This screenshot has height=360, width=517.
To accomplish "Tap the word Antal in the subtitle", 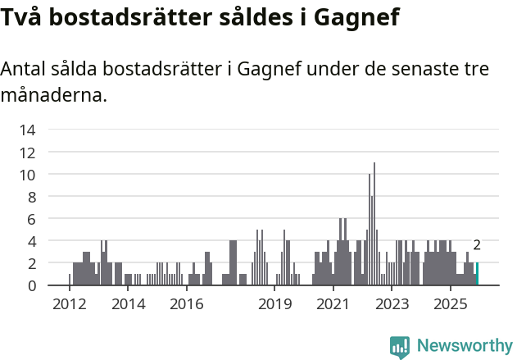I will point(25,69).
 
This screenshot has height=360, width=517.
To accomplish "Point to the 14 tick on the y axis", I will point(27,130).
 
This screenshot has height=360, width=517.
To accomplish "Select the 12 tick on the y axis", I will point(27,153).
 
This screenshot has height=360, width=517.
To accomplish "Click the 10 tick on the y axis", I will point(27,175).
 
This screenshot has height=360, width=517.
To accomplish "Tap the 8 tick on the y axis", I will point(31,197).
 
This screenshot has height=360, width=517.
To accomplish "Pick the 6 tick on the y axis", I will point(31,219).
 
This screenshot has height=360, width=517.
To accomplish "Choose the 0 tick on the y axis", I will point(31,285).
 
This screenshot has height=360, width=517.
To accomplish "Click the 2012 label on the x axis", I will point(69,304).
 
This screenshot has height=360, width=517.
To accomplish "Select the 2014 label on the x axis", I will point(128,304).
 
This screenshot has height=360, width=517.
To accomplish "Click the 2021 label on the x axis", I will point(333,304).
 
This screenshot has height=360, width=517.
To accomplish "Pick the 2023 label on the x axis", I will point(392,304).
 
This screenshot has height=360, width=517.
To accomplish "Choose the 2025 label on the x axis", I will point(450,304).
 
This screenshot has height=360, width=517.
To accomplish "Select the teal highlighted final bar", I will point(477,275).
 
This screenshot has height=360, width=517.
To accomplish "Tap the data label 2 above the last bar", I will point(477,245).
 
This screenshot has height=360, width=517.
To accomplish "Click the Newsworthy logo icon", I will point(400,347).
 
